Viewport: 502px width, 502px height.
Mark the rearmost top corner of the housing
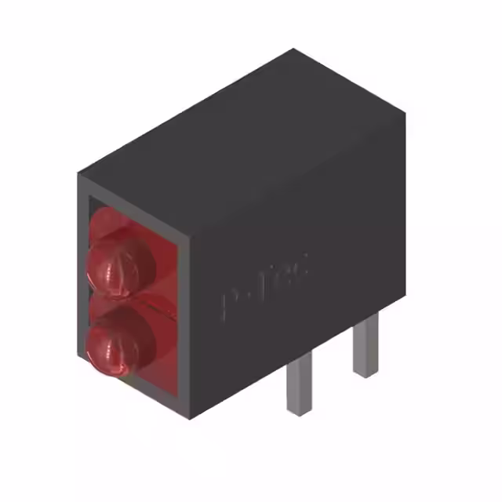295,49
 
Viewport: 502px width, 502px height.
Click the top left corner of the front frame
78,174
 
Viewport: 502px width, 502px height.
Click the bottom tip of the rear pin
365,375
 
